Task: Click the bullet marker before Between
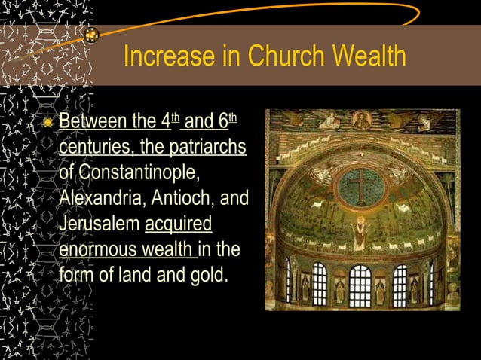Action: point(48,122)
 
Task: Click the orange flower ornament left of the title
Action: point(90,35)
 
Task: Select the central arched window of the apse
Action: point(360,285)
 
